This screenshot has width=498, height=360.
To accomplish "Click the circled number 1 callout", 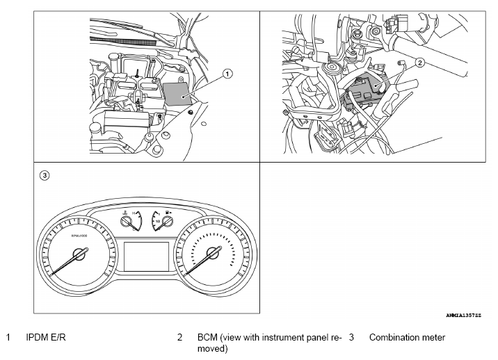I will pos(227,73).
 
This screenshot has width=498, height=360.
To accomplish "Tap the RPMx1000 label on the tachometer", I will pos(78,236).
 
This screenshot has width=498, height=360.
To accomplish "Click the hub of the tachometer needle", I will pos(79,255).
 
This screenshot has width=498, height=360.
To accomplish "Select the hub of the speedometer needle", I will pos(214,255).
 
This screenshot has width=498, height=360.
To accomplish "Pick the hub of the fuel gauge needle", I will pos(166,222).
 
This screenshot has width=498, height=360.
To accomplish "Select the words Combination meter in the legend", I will pos(407,338).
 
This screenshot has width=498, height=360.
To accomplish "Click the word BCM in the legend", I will pos(207,338).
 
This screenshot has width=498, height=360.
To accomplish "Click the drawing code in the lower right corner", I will pos(464,315).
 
